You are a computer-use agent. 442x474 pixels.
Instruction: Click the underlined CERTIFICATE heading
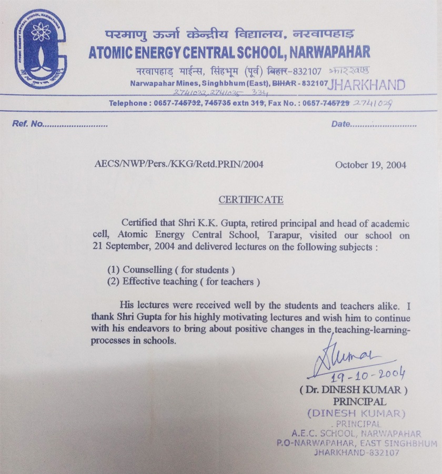251,200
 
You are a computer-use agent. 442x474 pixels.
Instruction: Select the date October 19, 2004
370,164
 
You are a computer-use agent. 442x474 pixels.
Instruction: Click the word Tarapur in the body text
299,236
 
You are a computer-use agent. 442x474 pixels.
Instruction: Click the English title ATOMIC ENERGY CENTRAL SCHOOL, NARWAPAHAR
229,52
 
